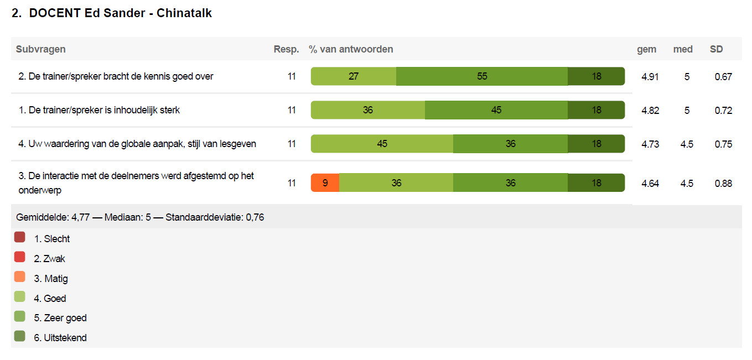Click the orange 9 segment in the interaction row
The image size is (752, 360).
(x=325, y=182)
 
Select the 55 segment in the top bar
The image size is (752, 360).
(x=482, y=76)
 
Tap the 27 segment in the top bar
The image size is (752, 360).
(x=354, y=76)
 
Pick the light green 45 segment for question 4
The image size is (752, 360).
(x=382, y=144)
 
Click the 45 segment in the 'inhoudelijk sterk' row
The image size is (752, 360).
(x=496, y=110)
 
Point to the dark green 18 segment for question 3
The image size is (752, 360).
(x=596, y=182)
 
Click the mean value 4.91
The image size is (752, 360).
(x=650, y=77)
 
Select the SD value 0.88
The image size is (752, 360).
(x=723, y=184)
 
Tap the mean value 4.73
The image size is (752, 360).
(x=650, y=144)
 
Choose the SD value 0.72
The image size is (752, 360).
(x=723, y=111)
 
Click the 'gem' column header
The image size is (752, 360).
(x=646, y=49)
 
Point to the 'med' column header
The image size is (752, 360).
(x=683, y=49)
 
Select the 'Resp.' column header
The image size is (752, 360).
(x=286, y=49)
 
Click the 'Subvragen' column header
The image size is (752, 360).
(x=41, y=49)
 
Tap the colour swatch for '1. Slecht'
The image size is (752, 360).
(x=20, y=237)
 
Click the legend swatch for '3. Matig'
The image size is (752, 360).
(x=20, y=277)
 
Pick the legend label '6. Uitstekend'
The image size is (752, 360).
(x=60, y=338)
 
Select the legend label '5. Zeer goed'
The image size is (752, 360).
(x=60, y=318)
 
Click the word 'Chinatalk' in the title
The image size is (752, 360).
(x=184, y=13)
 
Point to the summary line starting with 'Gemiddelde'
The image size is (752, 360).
(x=140, y=217)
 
